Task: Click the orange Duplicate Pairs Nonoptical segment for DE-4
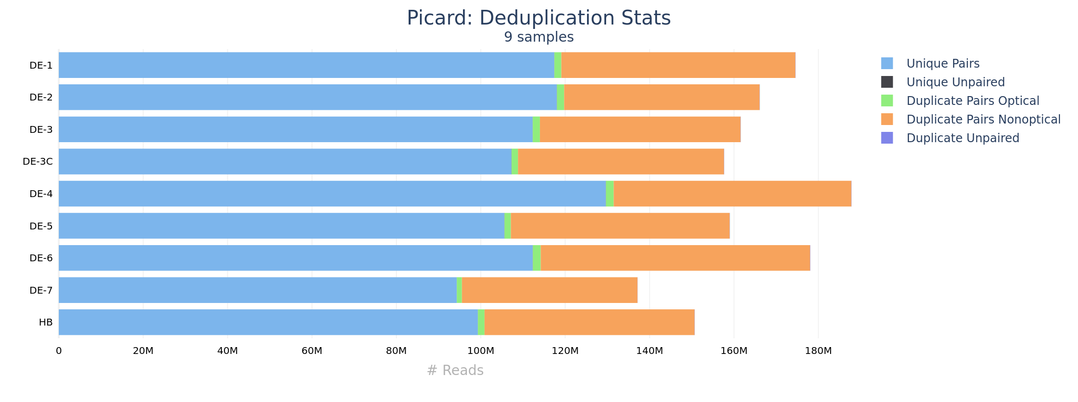732,194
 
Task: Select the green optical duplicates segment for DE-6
537,258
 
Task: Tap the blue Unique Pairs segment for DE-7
258,290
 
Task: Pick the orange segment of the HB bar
589,322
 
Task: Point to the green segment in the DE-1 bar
558,65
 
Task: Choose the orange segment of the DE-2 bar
661,97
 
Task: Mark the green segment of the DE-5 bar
508,226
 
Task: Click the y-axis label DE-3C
38,162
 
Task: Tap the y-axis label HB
46,323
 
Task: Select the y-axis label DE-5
41,226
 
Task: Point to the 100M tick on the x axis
480,351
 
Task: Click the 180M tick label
818,351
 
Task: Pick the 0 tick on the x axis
59,351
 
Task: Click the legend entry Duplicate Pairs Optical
972,101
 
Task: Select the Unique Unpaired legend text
955,82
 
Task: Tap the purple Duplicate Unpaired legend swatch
887,138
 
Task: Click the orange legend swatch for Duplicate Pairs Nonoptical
887,119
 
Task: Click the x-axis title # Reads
455,371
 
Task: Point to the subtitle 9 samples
539,37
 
